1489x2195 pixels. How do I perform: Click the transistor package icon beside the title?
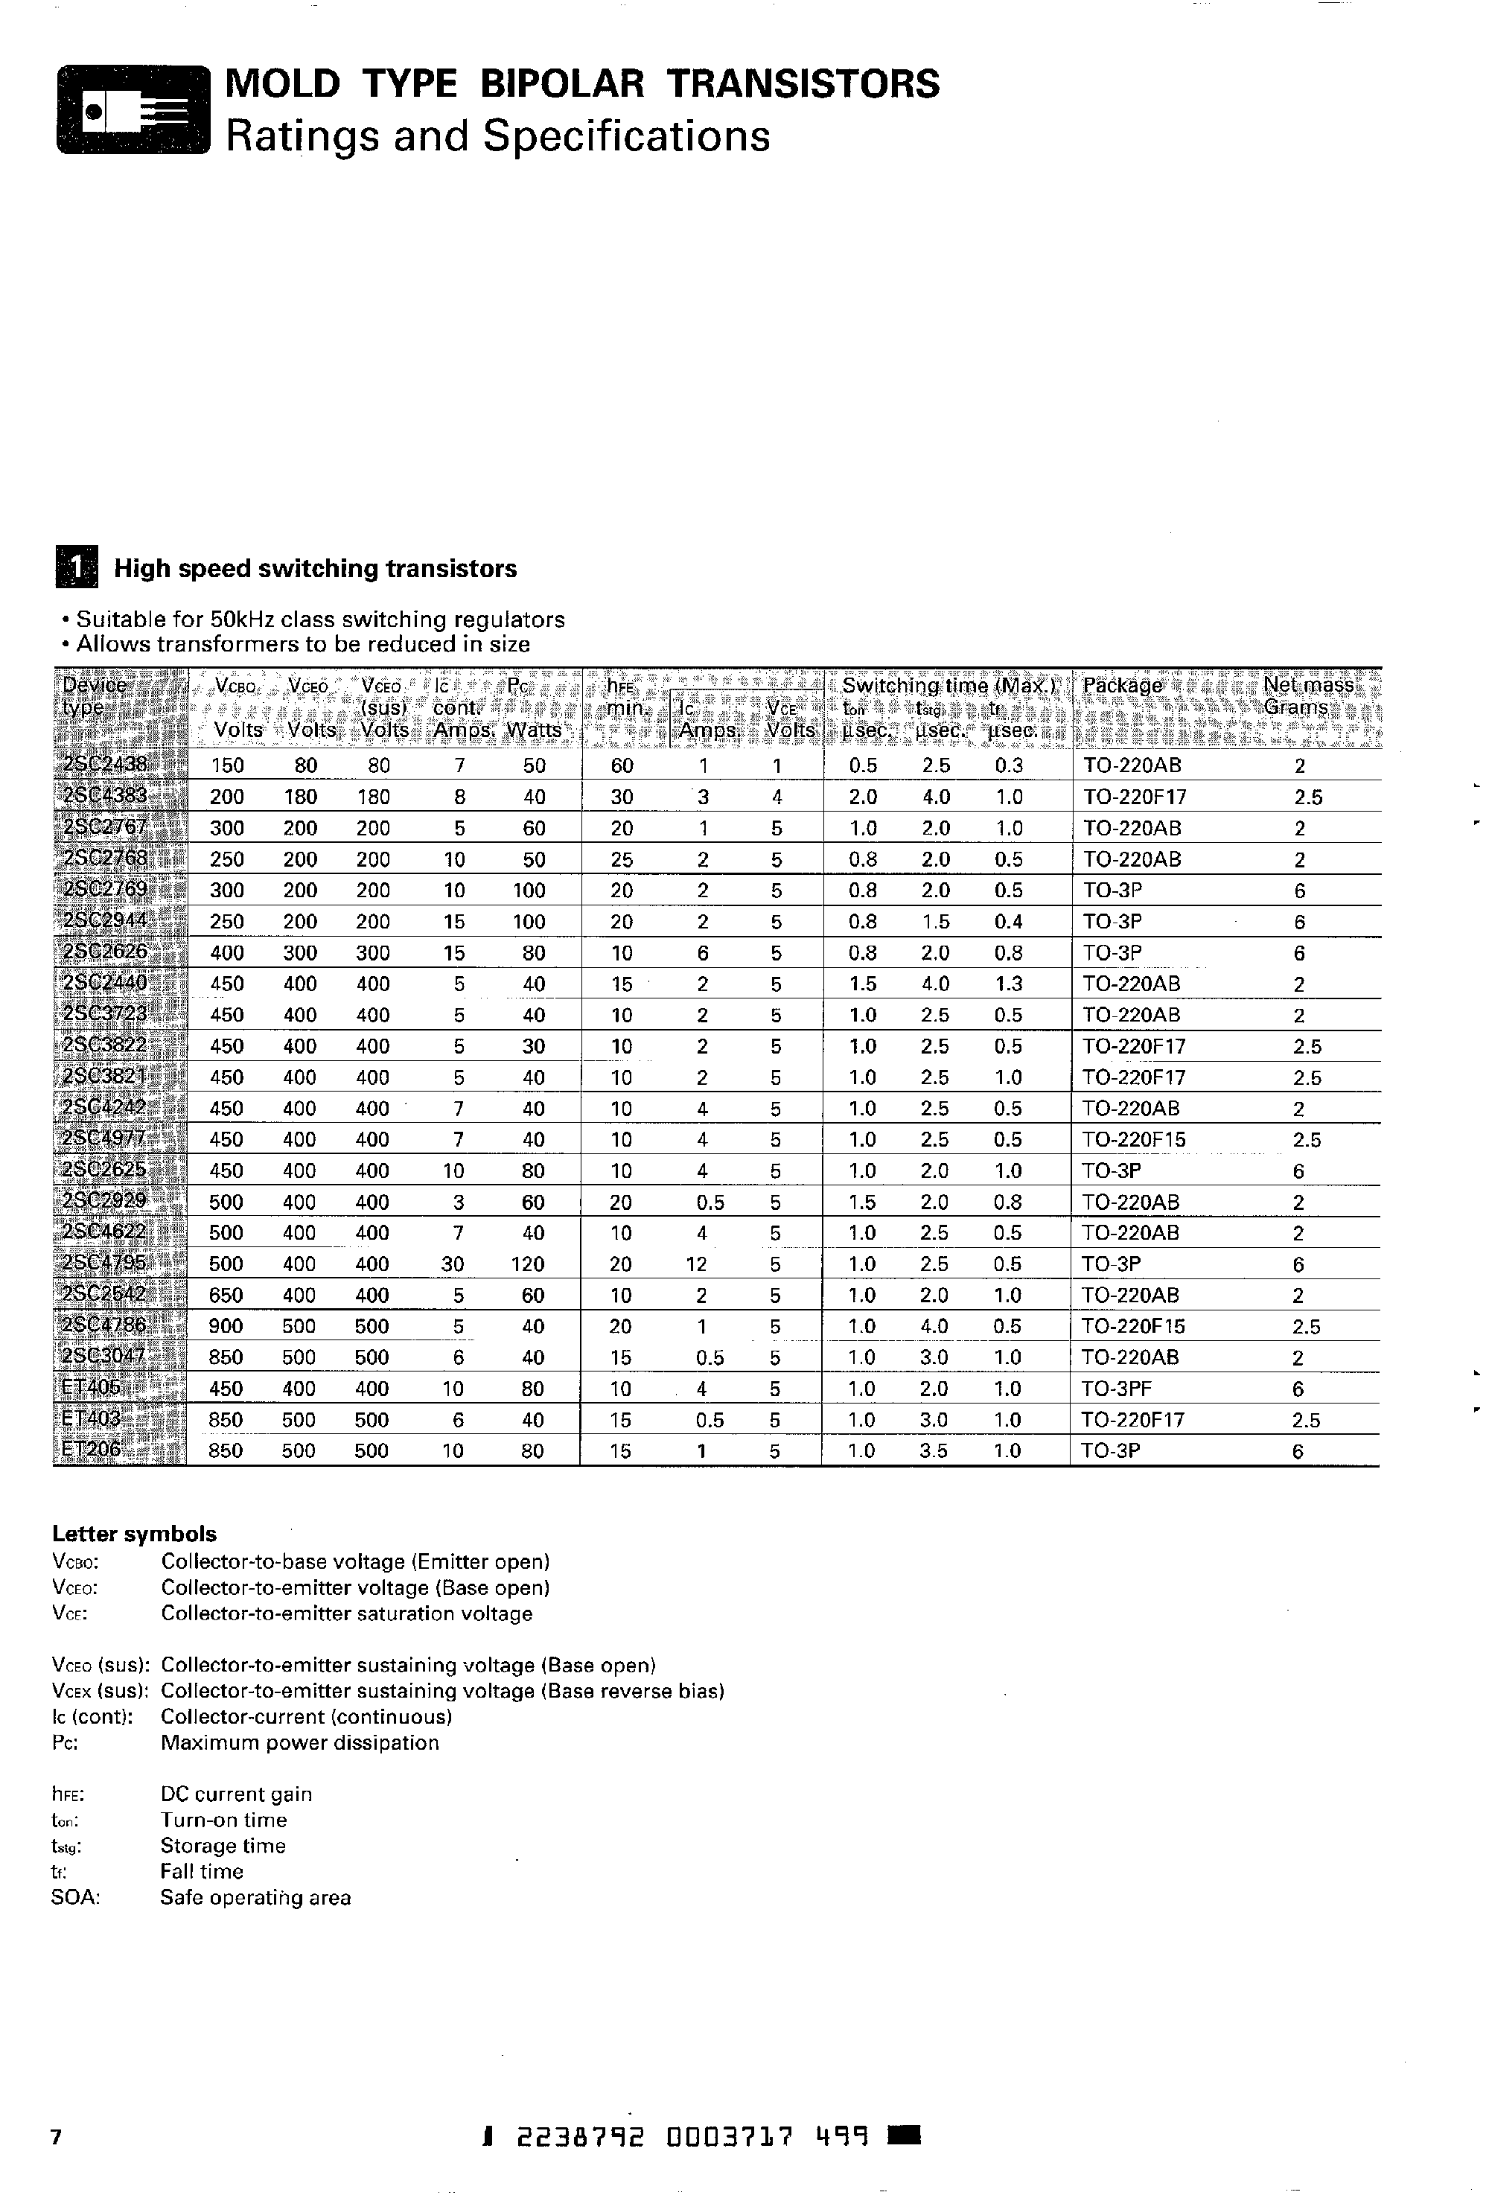coord(133,109)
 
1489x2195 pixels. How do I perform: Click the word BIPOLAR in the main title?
coord(563,84)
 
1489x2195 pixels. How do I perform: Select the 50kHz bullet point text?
coord(320,619)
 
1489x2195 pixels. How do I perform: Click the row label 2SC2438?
coord(105,765)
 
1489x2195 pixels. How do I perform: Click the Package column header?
coord(1123,686)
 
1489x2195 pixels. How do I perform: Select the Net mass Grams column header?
coord(1307,696)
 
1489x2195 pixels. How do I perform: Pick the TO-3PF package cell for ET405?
coord(1116,1389)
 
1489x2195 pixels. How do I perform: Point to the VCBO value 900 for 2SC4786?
coord(226,1326)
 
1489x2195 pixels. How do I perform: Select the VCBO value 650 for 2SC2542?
coord(226,1295)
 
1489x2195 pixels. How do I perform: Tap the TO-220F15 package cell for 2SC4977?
coord(1133,1139)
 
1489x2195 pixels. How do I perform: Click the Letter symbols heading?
coord(134,1534)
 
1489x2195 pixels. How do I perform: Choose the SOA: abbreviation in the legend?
coord(75,1897)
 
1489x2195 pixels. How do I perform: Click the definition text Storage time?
coord(223,1846)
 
